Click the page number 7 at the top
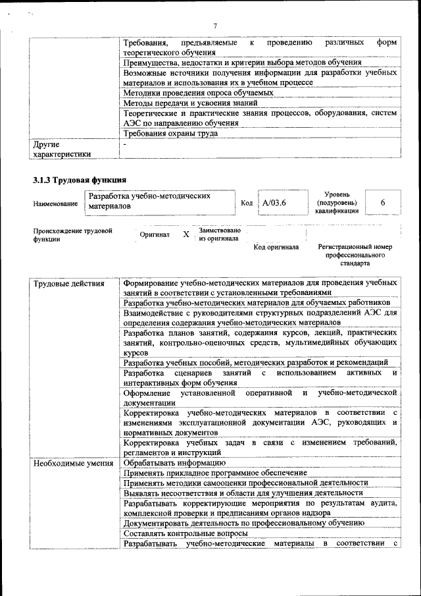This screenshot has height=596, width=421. [214, 26]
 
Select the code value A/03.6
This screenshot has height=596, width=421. [274, 202]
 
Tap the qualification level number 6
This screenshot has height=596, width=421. [382, 202]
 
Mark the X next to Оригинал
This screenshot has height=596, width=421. [186, 234]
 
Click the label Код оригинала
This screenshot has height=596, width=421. [276, 247]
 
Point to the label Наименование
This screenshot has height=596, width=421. [55, 205]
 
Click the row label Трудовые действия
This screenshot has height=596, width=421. [69, 284]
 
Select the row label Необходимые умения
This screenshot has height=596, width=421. [73, 464]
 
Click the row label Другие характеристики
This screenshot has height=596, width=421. [62, 148]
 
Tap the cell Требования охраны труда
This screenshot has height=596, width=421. [170, 133]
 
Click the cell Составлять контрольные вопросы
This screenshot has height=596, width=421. [186, 533]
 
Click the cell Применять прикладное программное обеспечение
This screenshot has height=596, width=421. [215, 473]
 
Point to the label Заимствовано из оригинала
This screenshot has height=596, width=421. [219, 234]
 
